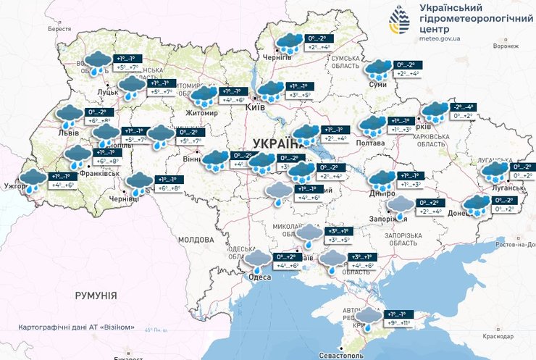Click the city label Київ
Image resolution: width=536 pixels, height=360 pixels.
coord(255,106)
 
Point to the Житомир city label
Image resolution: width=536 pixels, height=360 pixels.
coord(201,113)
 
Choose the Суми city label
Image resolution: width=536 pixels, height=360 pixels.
coord(377,85)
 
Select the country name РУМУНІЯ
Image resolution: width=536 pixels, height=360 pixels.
coord(96,296)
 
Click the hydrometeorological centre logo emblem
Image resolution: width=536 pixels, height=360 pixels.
coord(401,20)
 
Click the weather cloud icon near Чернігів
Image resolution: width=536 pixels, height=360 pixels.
coord(289,42)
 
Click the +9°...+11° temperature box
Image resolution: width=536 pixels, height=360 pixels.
coord(398,323)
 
